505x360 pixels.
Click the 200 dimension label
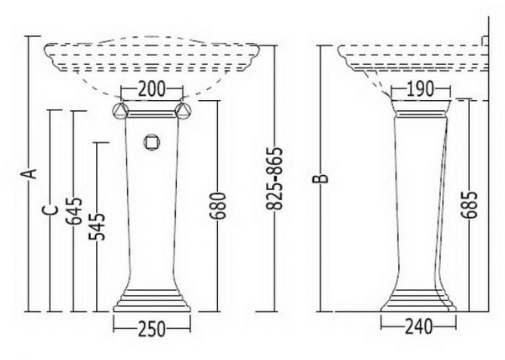pos(151,89)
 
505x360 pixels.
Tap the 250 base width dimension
pos(151,329)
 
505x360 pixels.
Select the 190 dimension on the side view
pos(420,89)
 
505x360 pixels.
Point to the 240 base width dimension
pos(418,326)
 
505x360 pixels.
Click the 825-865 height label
pos(274,178)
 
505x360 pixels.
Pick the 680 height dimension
pos(218,206)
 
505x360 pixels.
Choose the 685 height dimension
pos(469,205)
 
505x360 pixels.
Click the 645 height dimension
pos(74,211)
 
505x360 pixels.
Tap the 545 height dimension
pos(98,226)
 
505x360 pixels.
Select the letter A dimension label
pos(29,173)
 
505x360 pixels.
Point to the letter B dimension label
pos(321,178)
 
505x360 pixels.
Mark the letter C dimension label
pos(50,209)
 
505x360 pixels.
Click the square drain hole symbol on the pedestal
pos(151,142)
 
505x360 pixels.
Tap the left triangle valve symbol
pos(120,110)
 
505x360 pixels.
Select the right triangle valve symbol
pos(183,110)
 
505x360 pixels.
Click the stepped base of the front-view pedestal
pos(151,300)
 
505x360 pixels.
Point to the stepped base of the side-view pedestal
pos(418,300)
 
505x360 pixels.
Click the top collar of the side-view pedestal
pos(420,108)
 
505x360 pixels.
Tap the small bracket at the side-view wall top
pos(485,40)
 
